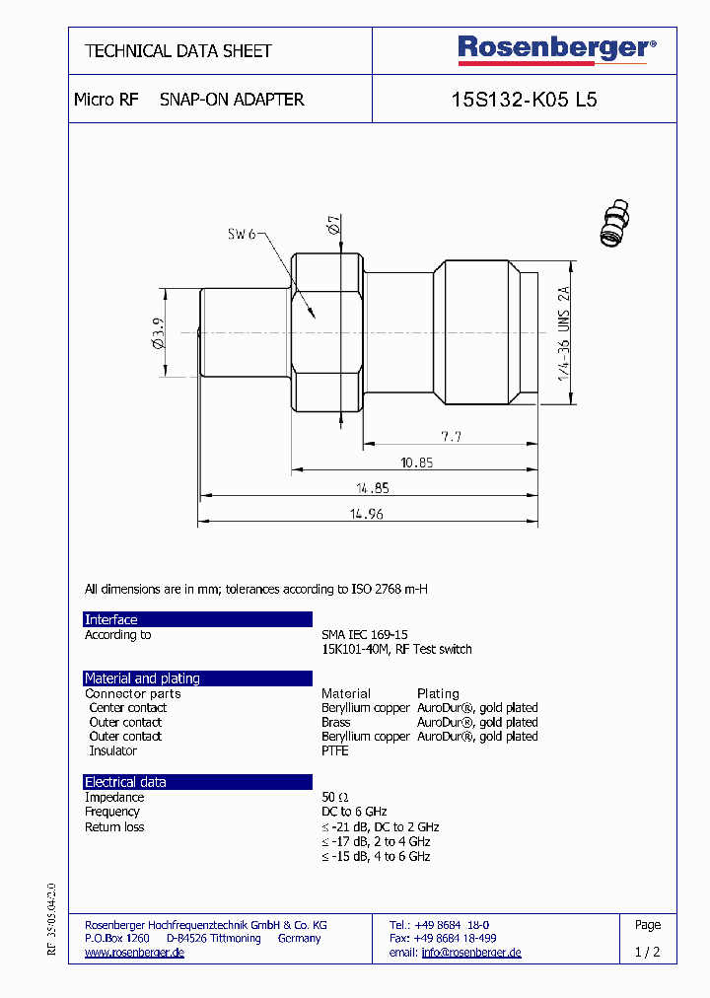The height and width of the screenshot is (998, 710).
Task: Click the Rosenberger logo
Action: [555, 48]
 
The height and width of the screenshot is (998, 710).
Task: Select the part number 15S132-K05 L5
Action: [523, 100]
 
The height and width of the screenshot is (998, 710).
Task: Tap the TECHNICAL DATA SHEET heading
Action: [177, 50]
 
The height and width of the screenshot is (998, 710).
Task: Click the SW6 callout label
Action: [242, 234]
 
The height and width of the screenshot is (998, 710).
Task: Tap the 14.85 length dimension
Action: [367, 487]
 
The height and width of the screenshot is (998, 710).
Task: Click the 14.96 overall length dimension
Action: [367, 513]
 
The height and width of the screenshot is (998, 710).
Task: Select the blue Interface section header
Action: [197, 619]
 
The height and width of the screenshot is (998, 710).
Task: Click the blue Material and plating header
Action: [197, 678]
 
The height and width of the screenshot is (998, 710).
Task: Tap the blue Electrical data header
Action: [197, 782]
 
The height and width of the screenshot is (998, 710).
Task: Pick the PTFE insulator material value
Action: [335, 750]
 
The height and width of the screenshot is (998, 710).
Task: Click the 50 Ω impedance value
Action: [335, 797]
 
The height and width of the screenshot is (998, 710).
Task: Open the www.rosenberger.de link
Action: [134, 953]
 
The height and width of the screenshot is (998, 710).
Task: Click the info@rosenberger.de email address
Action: [471, 953]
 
